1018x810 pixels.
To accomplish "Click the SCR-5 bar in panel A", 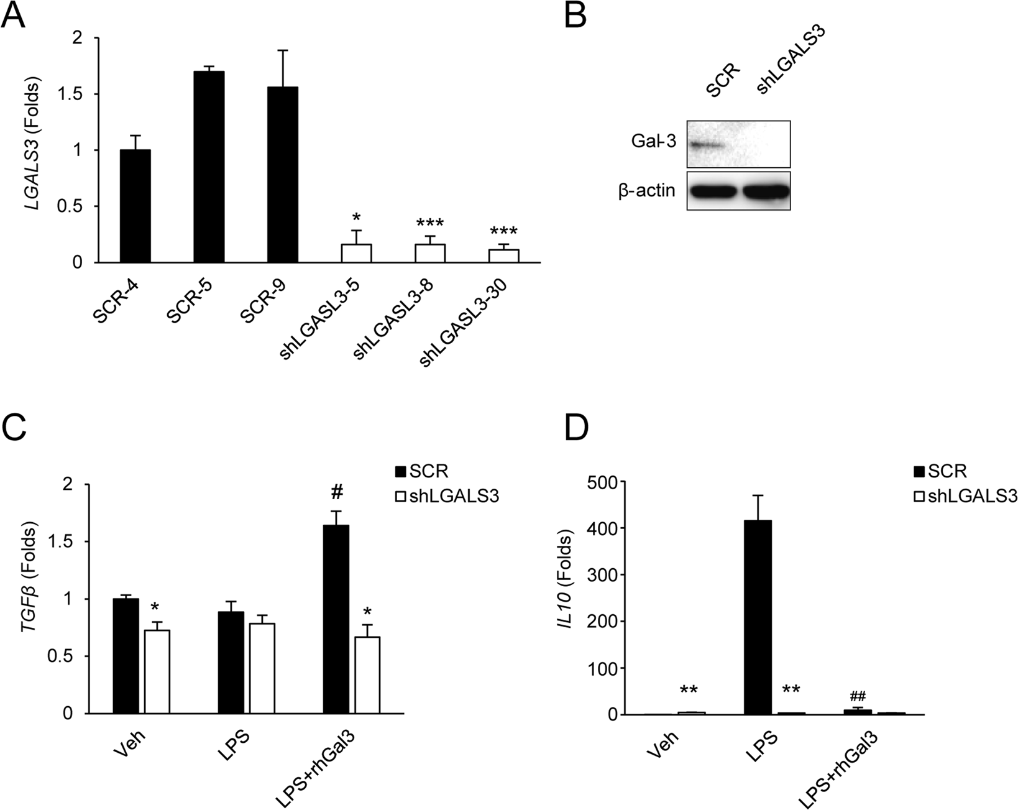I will point(209,167).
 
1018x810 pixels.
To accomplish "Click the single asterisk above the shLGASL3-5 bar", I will point(356,218).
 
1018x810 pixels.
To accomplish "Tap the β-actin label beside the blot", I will point(646,190).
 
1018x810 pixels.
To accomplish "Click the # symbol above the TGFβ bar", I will point(337,493).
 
